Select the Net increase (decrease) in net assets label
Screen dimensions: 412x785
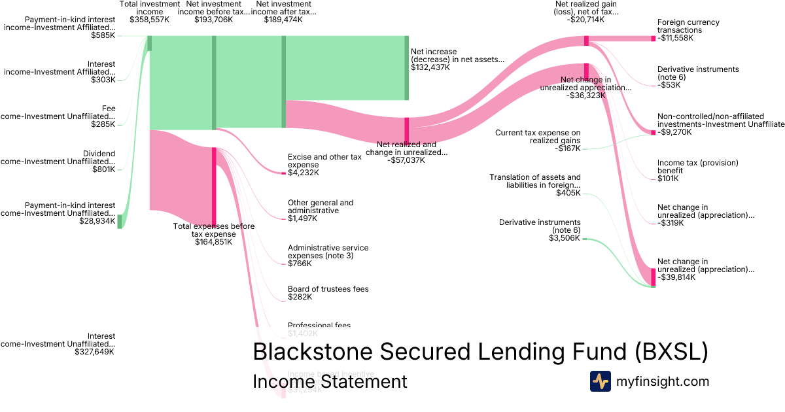coord(457,55)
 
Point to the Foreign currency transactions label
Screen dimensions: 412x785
coord(688,26)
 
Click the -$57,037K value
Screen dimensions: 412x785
coord(406,160)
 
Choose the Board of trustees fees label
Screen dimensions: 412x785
coord(328,289)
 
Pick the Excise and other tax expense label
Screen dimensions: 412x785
coord(324,161)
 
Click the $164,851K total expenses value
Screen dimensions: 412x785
coord(213,242)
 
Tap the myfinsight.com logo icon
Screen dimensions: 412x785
coord(600,381)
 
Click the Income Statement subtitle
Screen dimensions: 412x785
coord(330,381)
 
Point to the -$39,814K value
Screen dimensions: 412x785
coord(676,277)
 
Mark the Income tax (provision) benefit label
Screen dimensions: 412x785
coord(697,166)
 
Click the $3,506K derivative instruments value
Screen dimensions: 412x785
coord(565,238)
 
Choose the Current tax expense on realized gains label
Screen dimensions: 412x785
coord(537,137)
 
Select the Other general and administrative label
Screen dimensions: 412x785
coord(321,207)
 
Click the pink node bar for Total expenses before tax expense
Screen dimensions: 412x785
coord(214,186)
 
